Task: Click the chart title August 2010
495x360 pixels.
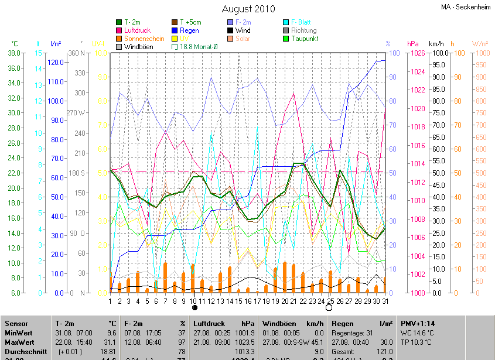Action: point(248,9)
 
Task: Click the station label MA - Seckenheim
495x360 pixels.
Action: point(466,7)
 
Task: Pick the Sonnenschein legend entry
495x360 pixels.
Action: point(144,38)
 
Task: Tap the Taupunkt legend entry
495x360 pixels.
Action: point(305,38)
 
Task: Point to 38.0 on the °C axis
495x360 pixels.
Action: point(15,53)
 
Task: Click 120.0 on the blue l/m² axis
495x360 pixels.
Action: point(56,62)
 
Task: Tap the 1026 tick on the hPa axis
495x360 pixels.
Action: point(417,53)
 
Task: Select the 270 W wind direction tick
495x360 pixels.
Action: point(76,112)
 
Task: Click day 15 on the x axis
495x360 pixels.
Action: point(238,301)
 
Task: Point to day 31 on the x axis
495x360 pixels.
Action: point(385,301)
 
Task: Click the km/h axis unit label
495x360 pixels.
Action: point(436,44)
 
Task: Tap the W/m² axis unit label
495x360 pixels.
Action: point(479,44)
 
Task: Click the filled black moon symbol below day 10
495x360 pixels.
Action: point(194,307)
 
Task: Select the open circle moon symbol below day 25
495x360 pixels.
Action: point(329,307)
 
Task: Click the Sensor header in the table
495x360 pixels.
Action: point(16,324)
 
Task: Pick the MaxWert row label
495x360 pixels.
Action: point(19,341)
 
